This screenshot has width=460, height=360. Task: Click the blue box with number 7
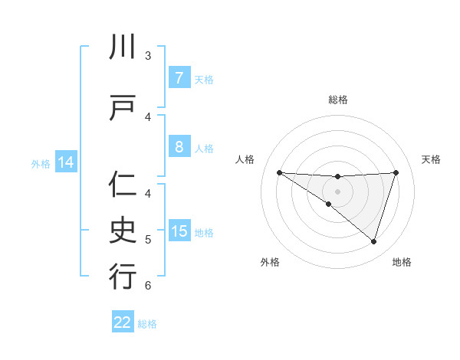pyautogui.click(x=179, y=78)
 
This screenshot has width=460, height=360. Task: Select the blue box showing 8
pyautogui.click(x=179, y=148)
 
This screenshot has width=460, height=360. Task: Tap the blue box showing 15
pyautogui.click(x=179, y=231)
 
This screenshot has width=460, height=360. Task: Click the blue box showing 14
pyautogui.click(x=65, y=162)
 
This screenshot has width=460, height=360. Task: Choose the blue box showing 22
pyautogui.click(x=123, y=322)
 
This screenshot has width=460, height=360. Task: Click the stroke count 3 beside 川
pyautogui.click(x=148, y=56)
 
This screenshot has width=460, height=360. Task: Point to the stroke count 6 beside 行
pyautogui.click(x=148, y=286)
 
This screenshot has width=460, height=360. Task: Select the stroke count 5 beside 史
pyautogui.click(x=148, y=240)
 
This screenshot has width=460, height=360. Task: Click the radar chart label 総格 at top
pyautogui.click(x=337, y=100)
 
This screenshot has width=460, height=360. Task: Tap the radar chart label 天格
pyautogui.click(x=431, y=159)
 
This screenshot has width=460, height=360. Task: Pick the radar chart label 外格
pyautogui.click(x=270, y=262)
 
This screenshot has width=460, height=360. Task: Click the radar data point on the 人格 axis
pyautogui.click(x=279, y=172)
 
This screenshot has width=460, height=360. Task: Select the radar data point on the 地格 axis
pyautogui.click(x=373, y=241)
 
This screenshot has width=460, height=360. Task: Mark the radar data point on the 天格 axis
pyautogui.click(x=396, y=172)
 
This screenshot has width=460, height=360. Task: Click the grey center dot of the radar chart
pyautogui.click(x=337, y=191)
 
